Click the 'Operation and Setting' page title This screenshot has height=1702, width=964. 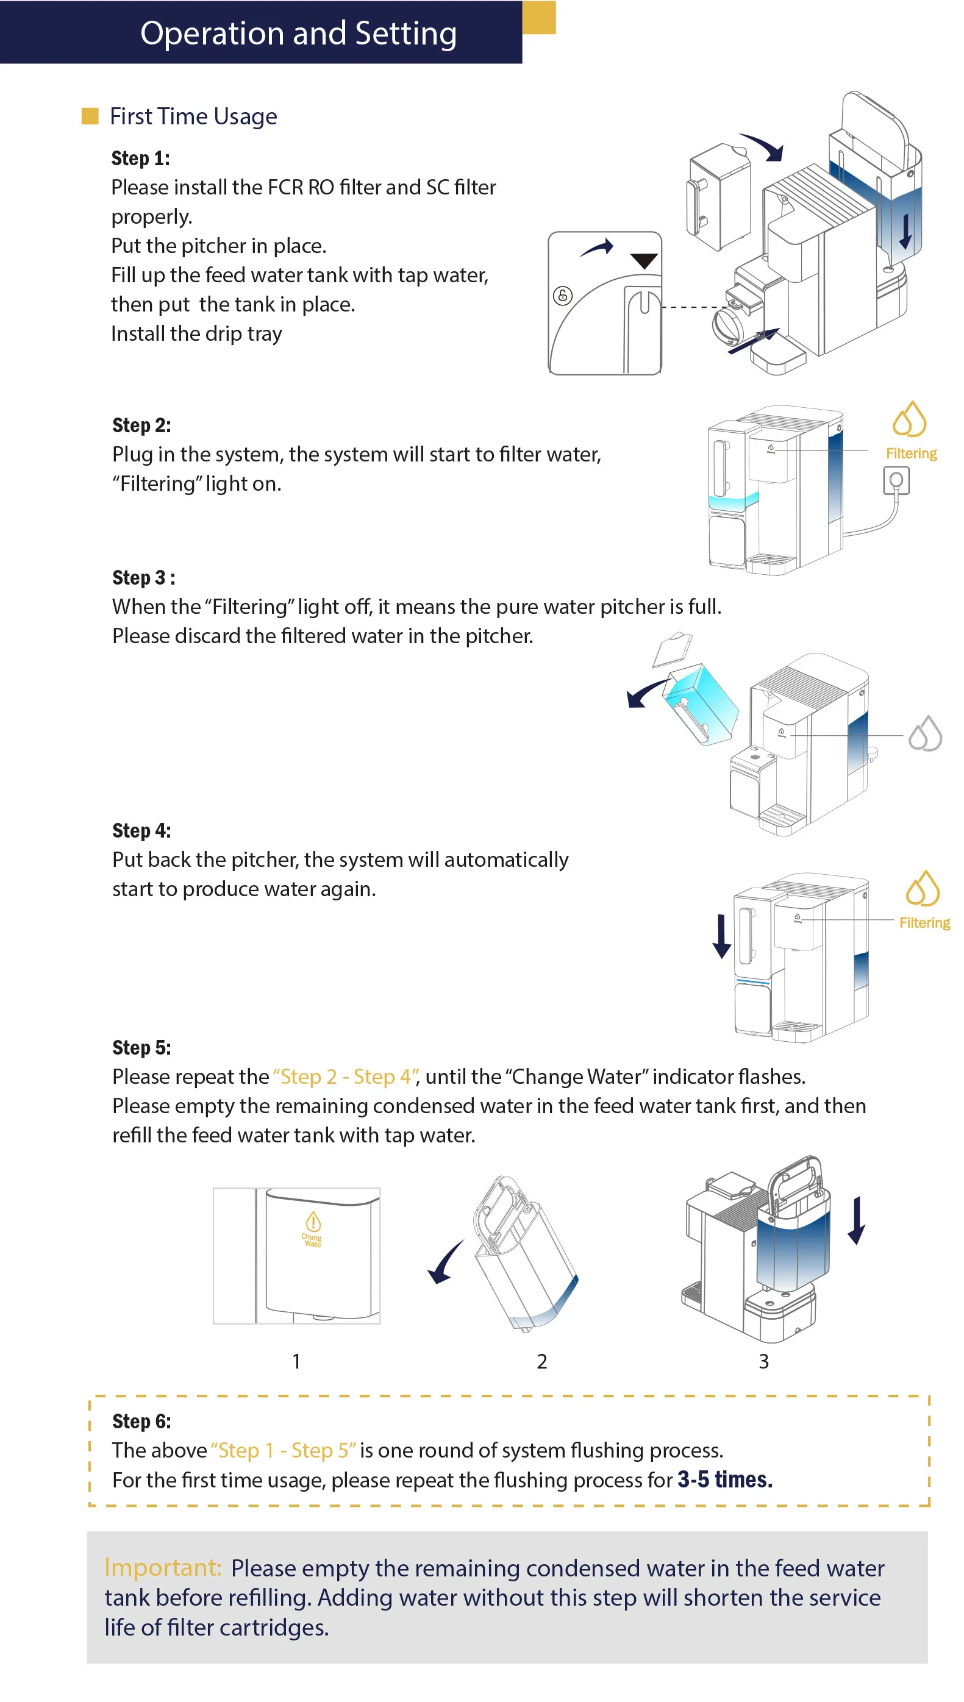tap(299, 34)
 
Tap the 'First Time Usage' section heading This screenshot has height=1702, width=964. tap(193, 116)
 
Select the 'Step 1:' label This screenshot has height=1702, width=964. tap(140, 159)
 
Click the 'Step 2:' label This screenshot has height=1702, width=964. tap(141, 425)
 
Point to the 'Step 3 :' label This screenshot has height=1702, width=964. tap(144, 578)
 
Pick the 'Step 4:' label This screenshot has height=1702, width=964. tap(141, 830)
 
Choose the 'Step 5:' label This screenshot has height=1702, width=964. tap(141, 1047)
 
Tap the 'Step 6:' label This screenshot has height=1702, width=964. tap(141, 1421)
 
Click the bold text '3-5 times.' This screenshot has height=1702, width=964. tap(725, 1479)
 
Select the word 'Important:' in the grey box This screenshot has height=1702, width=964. tap(163, 1568)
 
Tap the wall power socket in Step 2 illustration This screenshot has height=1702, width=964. tap(896, 480)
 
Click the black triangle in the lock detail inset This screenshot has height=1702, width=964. tap(643, 261)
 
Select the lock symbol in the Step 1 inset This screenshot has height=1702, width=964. tap(563, 295)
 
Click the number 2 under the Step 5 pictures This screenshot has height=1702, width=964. tap(541, 1361)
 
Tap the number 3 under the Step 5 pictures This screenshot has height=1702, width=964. tap(763, 1361)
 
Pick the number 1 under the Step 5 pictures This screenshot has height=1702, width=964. tap(296, 1361)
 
